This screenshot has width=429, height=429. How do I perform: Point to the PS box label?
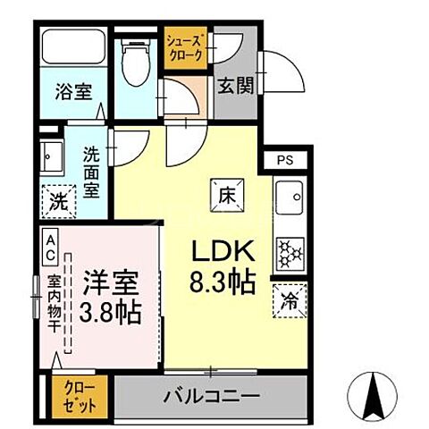[284, 161]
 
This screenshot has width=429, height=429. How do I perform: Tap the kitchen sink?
[290, 195]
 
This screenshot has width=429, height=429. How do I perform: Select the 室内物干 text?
[51, 305]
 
